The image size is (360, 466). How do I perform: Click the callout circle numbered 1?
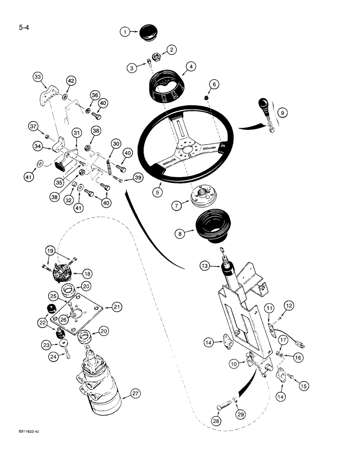[124, 32]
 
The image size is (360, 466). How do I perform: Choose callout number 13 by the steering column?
[204, 266]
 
